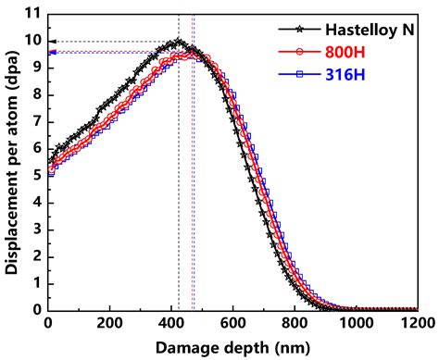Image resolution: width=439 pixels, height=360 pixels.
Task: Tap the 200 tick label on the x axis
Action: (x=109, y=323)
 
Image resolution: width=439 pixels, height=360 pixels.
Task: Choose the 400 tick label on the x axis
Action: (x=171, y=323)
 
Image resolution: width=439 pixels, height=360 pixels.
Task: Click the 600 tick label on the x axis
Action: (x=233, y=323)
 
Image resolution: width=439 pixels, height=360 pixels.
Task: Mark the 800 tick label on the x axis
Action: (x=295, y=323)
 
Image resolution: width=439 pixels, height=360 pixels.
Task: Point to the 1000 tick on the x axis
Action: (x=357, y=323)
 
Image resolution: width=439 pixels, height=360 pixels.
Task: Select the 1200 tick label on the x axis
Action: (x=417, y=323)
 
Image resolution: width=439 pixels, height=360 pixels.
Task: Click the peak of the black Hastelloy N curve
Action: (x=179, y=42)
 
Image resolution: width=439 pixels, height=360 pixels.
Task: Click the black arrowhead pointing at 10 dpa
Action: (x=51, y=42)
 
